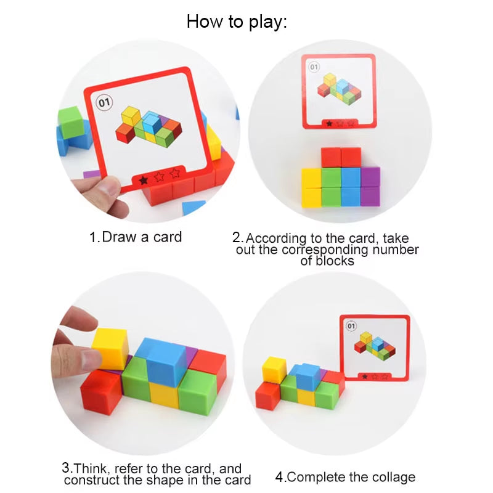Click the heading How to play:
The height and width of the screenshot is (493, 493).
pyautogui.click(x=237, y=22)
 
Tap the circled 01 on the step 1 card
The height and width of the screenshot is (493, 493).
pyautogui.click(x=104, y=102)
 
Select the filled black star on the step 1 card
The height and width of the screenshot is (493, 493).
pyautogui.click(x=144, y=180)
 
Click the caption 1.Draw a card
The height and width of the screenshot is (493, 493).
pyautogui.click(x=136, y=237)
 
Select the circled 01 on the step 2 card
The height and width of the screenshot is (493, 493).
pyautogui.click(x=314, y=67)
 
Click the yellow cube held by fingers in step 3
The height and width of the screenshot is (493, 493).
pyautogui.click(x=110, y=348)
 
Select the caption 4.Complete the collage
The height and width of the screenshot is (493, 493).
pyautogui.click(x=345, y=477)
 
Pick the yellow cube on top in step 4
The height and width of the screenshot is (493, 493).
pyautogui.click(x=274, y=369)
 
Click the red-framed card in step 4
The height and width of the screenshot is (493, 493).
pyautogui.click(x=374, y=348)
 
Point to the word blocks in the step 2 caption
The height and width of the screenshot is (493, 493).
pyautogui.click(x=327, y=261)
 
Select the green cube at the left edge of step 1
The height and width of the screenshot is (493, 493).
pyautogui.click(x=70, y=120)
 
